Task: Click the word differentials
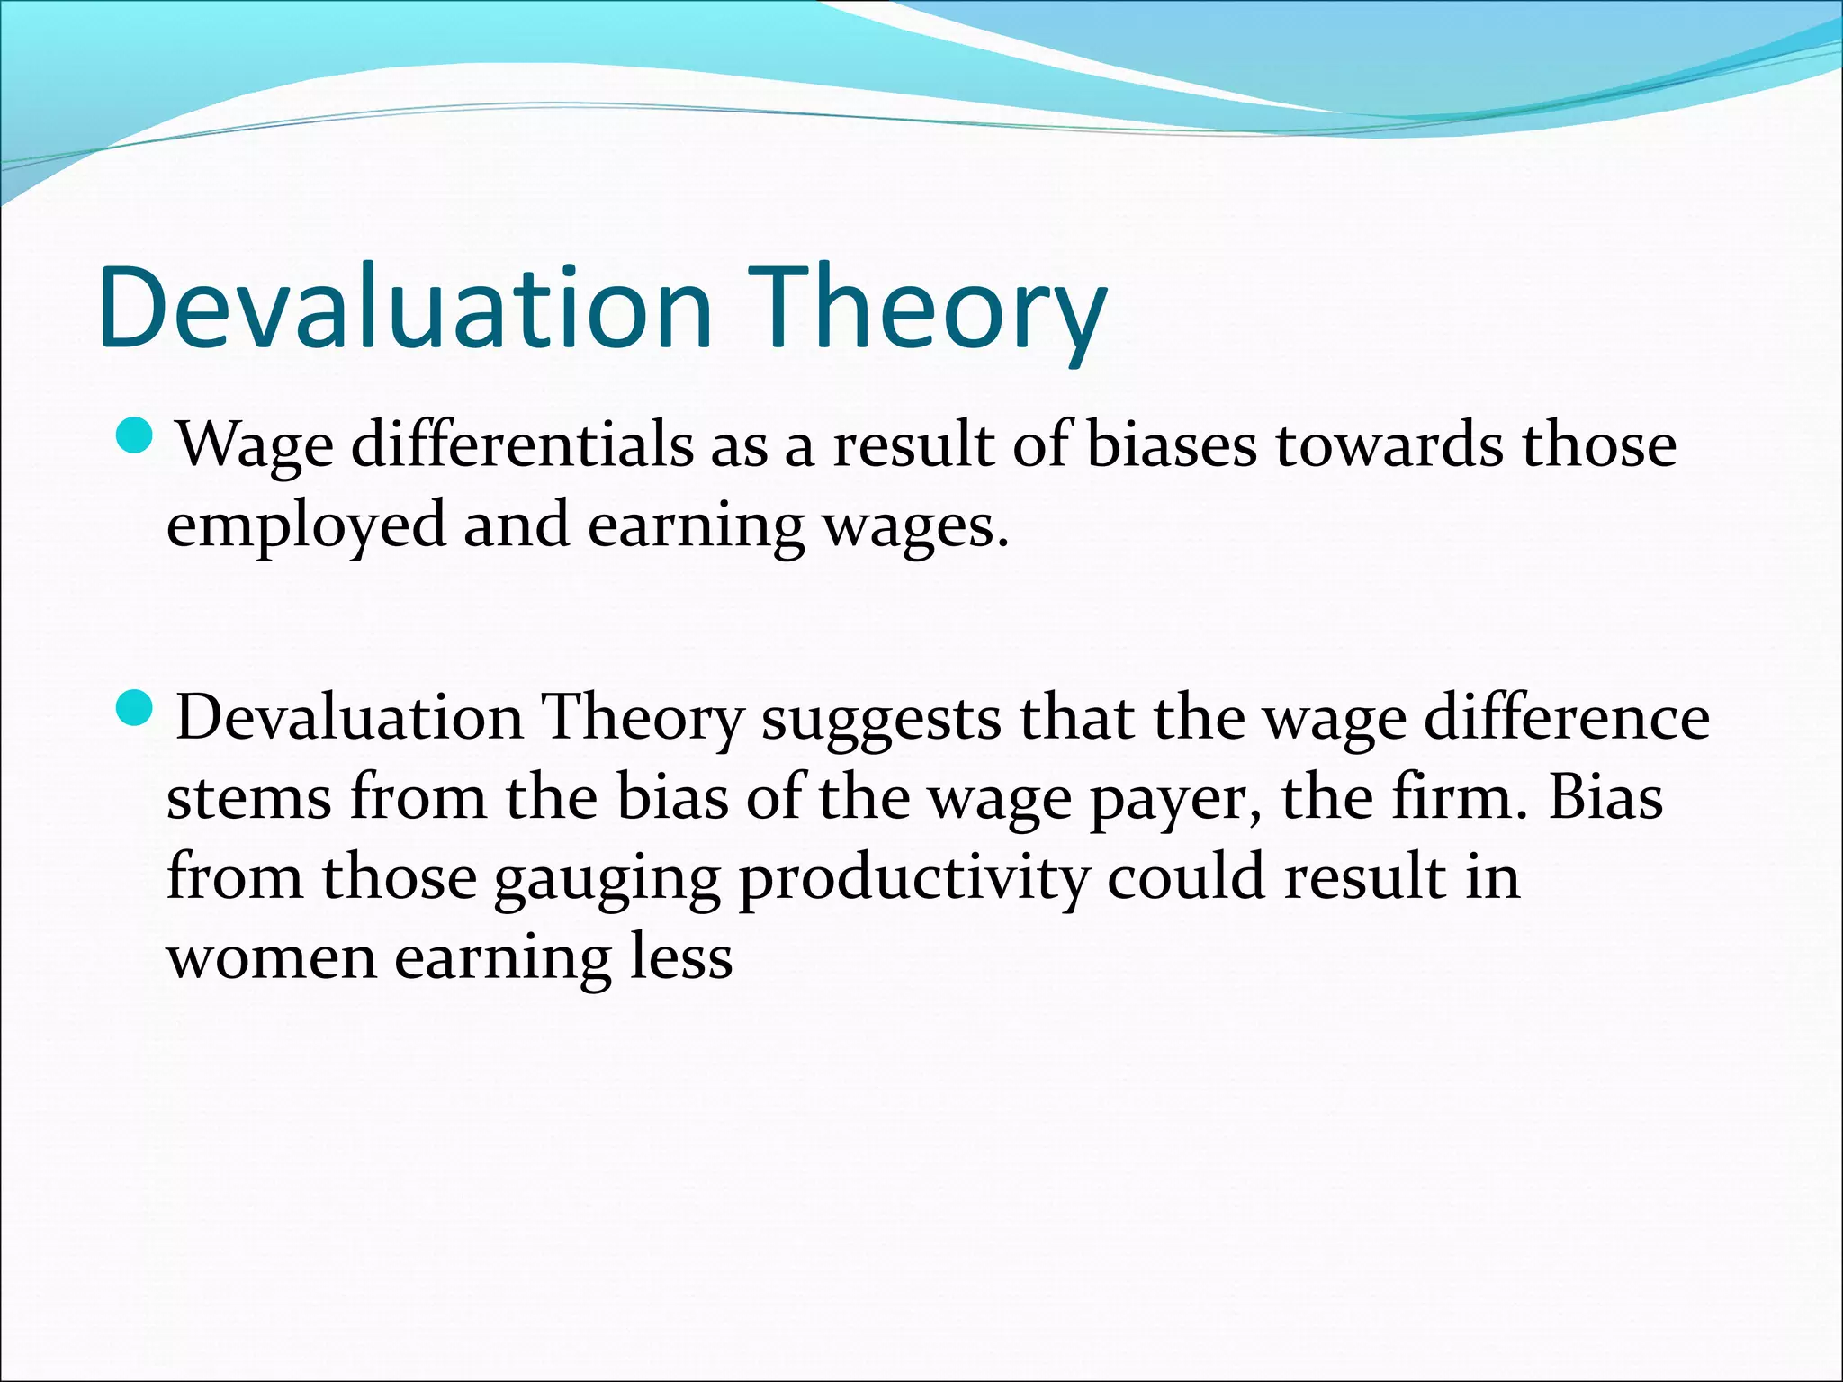(522, 444)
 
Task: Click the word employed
(306, 525)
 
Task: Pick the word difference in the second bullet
(1566, 718)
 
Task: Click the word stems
(249, 798)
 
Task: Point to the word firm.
(1458, 796)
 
